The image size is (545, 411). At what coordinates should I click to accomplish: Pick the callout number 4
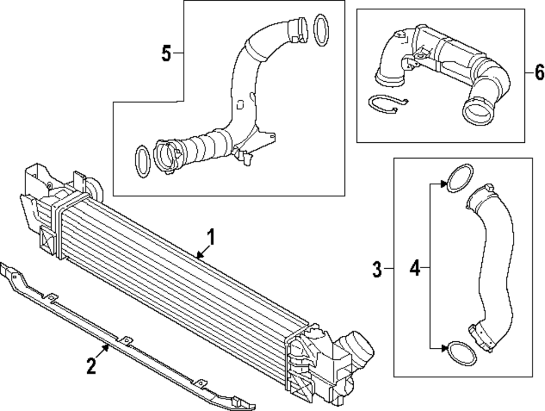[415, 269]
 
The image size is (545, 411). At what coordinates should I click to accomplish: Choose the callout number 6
[538, 71]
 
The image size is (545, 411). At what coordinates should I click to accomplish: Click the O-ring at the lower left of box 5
[142, 161]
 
